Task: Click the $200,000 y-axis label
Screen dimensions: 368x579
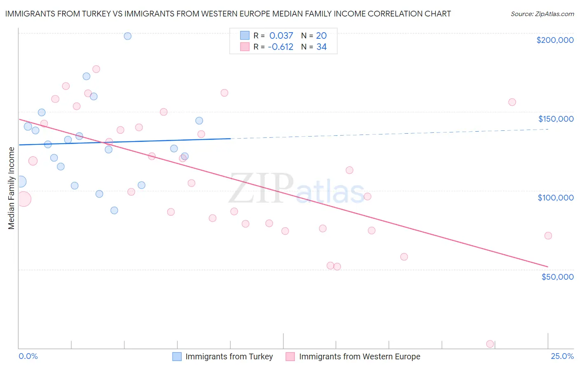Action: tap(555, 40)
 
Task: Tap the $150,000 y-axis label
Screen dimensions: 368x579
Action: tap(556, 119)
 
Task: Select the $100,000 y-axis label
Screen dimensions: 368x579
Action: tap(556, 198)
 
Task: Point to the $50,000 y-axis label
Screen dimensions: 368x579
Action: tap(557, 276)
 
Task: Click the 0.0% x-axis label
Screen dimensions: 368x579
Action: tap(28, 356)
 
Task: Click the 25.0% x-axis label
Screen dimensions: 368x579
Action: tap(562, 356)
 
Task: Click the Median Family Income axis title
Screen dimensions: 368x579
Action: tap(11, 188)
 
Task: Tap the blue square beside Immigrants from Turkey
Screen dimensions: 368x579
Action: tap(177, 356)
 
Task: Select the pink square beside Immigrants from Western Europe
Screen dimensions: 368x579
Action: tap(290, 356)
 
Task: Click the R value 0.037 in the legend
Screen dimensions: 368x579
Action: tap(281, 36)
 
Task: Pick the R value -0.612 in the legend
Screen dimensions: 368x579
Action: tap(280, 47)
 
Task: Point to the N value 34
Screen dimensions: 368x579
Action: tap(321, 47)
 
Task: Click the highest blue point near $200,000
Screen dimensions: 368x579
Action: tap(128, 36)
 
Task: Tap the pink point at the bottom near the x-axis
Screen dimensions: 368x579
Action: tap(490, 344)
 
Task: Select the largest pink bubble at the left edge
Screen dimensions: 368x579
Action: tap(23, 199)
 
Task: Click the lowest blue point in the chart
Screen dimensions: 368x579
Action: tap(114, 210)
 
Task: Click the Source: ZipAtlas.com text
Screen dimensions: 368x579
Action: tap(542, 14)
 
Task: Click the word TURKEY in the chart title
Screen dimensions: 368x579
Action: tap(95, 14)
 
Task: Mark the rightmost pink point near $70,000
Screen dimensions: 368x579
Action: tap(548, 236)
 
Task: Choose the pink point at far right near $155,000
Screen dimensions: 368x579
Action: tap(512, 102)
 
